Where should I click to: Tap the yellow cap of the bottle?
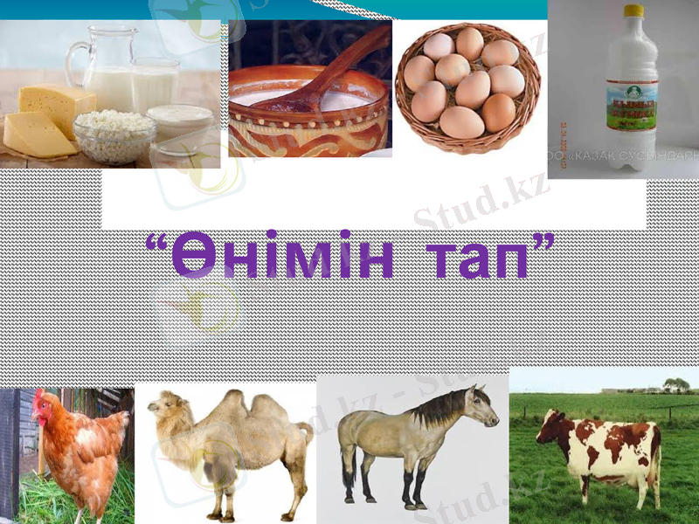point(633,10)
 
